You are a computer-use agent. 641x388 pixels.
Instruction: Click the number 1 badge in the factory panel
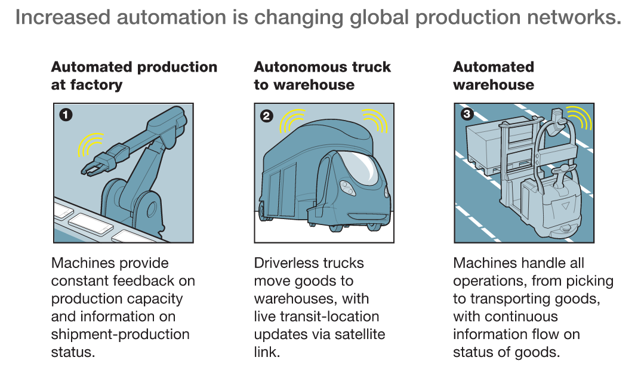(x=66, y=115)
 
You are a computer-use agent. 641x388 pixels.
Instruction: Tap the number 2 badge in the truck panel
(x=267, y=116)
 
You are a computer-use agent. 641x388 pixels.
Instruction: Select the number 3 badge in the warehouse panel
(x=467, y=113)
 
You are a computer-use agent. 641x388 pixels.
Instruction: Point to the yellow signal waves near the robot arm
(x=91, y=145)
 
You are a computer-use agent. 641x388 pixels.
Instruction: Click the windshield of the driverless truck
(x=359, y=166)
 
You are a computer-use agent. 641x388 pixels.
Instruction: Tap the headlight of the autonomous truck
(x=347, y=187)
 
